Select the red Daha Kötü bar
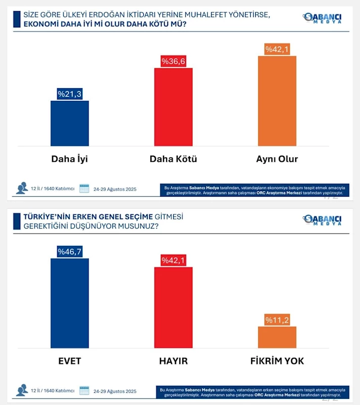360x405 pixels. pos(173,107)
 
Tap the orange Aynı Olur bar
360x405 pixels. pos(277,101)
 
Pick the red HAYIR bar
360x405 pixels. pos(173,308)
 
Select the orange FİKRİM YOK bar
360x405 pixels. pos(277,337)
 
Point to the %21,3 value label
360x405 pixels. pos(69,94)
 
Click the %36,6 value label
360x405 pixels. pos(173,61)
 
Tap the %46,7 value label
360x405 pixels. pos(69,251)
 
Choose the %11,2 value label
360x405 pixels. pos(277,320)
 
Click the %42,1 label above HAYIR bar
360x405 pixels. pos(173,261)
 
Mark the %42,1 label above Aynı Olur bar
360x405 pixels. pos(277,49)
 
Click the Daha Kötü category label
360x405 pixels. pos(173,159)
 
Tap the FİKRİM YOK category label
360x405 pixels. pos(277,361)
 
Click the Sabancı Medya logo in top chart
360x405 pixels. pos(322,18)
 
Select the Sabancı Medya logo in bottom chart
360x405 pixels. pos(322,220)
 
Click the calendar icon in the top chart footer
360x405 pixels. pos(84,189)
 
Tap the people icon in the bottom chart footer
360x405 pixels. pos(22,390)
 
